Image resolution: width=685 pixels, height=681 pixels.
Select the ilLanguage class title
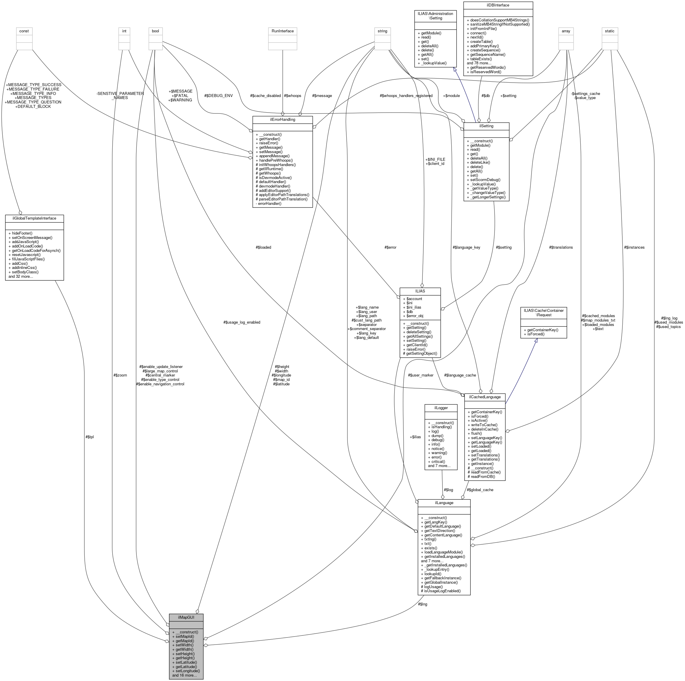pos(444,503)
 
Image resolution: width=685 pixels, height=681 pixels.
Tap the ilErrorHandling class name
pos(282,119)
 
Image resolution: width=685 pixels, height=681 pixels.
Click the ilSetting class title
pos(486,126)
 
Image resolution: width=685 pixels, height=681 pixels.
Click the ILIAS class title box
pos(420,291)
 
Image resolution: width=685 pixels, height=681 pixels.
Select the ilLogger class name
pos(441,408)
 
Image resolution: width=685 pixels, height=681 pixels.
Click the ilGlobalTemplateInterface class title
pos(34,218)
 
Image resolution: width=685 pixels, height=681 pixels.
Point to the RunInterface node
pos(282,31)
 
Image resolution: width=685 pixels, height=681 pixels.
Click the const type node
pos(24,31)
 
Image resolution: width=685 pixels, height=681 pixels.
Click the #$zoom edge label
pos(120,375)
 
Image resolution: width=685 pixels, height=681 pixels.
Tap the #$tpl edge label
pos(89,437)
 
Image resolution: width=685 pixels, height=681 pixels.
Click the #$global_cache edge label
pos(480,490)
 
